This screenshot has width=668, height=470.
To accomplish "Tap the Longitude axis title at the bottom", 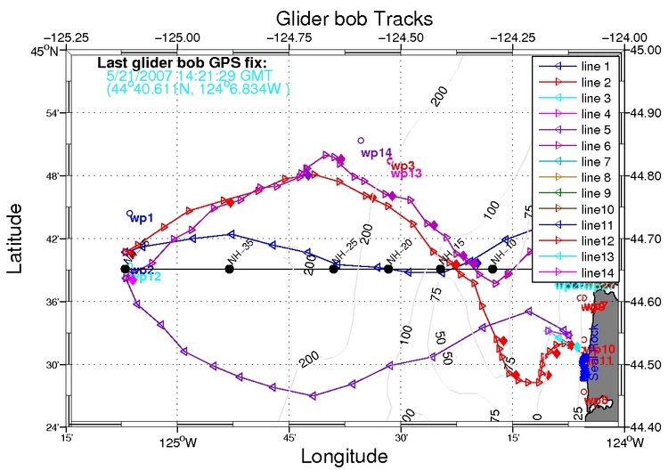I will click(x=344, y=456).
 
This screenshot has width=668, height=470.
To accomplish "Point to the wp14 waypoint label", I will click(x=378, y=152).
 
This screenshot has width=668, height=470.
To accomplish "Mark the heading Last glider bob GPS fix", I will click(x=181, y=63).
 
